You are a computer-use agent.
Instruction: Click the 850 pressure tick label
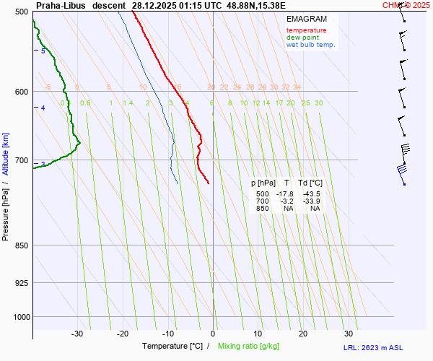click(21, 245)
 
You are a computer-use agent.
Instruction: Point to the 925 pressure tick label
click(21, 283)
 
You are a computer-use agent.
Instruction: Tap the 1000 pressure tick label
click(19, 316)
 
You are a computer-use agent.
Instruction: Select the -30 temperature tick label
click(77, 334)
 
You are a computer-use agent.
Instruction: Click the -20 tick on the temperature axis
click(123, 334)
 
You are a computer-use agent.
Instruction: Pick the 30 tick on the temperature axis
click(349, 334)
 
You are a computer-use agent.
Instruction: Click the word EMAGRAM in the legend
click(305, 19)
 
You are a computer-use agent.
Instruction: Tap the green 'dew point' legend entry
click(304, 38)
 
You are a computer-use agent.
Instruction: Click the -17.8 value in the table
click(286, 194)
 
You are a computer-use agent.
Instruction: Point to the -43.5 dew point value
click(312, 194)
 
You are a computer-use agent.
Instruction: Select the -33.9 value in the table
click(312, 201)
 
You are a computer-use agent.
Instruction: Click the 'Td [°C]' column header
click(312, 183)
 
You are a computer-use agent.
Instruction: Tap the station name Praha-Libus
click(61, 5)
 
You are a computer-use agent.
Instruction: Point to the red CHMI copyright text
click(406, 5)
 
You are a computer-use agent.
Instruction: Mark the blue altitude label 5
click(43, 51)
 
